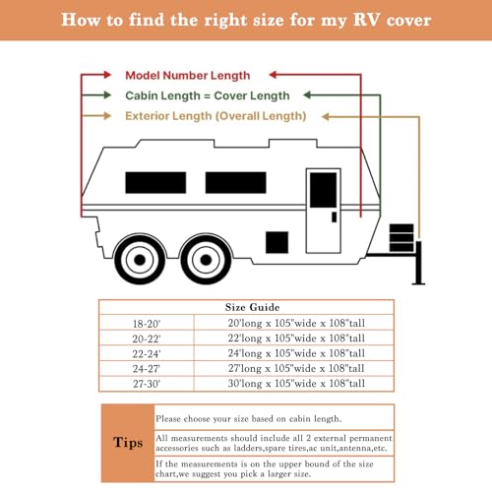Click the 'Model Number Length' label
pos(187,75)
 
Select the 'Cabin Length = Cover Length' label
pos(207,95)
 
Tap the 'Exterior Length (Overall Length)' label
pos(215,116)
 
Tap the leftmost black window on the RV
pos(149,182)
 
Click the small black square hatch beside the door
pos(278,243)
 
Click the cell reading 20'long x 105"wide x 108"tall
pos(295,322)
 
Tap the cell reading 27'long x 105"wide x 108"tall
pos(295,368)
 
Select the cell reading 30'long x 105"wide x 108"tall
pos(295,383)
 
